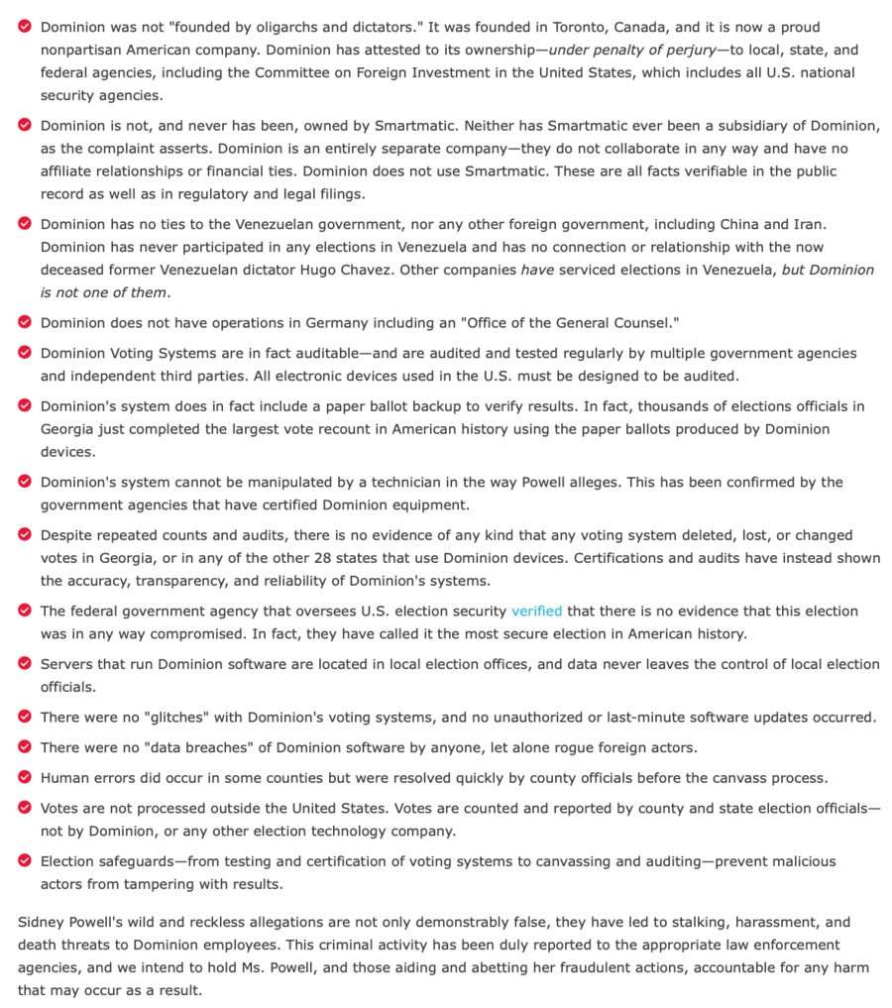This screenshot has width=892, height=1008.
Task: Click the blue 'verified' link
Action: (536, 612)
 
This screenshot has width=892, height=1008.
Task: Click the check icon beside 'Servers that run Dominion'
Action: (25, 664)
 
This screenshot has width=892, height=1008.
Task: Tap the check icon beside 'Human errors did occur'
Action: (25, 777)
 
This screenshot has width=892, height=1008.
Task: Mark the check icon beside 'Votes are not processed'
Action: (25, 808)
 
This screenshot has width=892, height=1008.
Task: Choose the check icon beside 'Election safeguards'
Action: (25, 861)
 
